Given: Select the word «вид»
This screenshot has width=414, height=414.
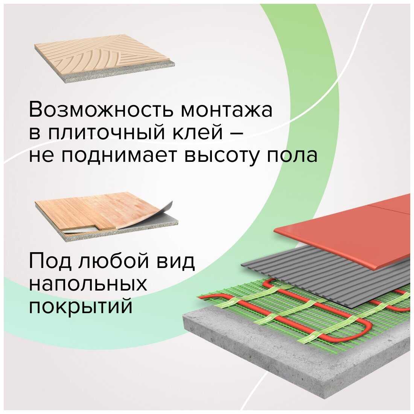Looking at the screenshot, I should point(177,262).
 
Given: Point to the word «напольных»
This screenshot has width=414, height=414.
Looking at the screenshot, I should point(88,285).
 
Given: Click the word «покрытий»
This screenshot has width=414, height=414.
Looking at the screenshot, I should point(81,307).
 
